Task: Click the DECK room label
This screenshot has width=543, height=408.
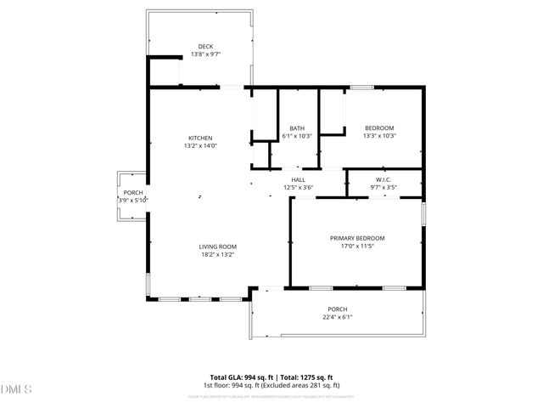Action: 205,46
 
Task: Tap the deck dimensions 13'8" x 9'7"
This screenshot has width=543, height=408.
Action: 205,54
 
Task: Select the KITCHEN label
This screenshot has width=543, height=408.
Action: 200,138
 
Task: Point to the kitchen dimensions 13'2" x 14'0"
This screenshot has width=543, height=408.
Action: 200,145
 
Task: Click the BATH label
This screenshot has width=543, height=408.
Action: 297,128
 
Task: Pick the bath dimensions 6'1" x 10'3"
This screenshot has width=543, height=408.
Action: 297,136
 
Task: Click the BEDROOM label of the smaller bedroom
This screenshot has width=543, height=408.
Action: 378,128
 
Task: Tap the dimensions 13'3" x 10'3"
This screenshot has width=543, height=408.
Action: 378,136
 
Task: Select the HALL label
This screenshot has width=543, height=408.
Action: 298,179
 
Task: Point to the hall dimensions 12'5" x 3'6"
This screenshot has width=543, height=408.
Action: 298,187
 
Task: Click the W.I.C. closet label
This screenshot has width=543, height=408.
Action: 382,179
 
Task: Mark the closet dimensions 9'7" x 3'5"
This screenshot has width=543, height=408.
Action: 382,187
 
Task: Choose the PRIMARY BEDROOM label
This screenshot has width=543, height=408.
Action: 357,238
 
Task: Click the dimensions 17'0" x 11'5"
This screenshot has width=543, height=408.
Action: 357,246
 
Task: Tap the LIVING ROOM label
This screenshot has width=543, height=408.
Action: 217,246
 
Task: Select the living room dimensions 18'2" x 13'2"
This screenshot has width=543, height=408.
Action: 217,253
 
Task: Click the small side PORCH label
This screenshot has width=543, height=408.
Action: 133,193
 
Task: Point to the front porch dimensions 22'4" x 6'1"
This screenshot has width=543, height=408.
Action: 338,317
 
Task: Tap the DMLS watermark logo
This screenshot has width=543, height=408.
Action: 17,390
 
